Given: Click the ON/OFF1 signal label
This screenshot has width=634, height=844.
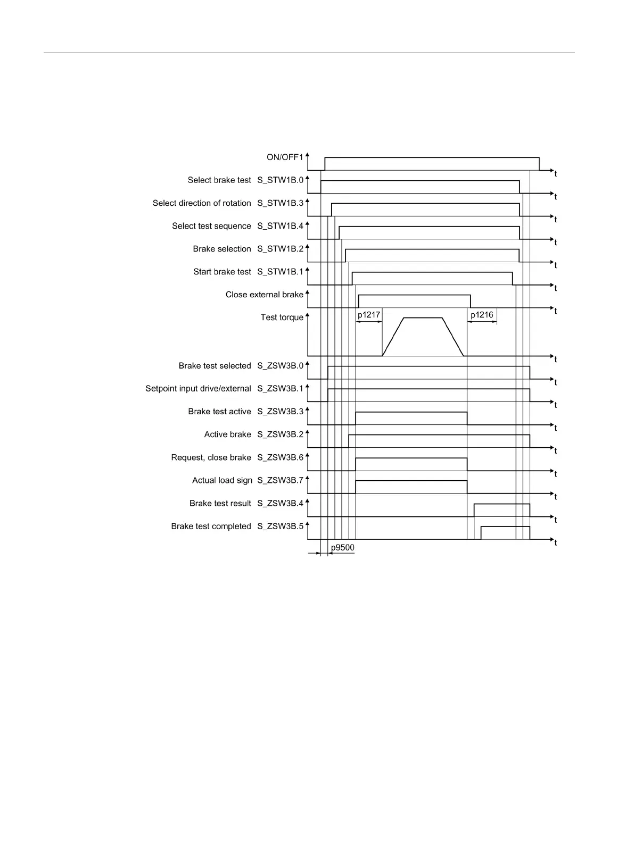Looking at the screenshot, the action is click(x=285, y=157).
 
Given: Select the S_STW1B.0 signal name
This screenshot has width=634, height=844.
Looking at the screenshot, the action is click(x=280, y=180).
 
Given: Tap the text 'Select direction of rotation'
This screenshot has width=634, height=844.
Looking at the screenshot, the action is click(x=202, y=203).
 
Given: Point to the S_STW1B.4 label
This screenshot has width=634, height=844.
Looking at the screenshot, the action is click(x=280, y=226).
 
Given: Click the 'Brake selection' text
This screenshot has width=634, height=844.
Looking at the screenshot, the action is click(x=222, y=249).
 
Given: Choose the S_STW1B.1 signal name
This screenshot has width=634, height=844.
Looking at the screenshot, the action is click(x=280, y=272).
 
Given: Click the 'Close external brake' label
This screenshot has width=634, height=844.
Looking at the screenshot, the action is click(x=264, y=295).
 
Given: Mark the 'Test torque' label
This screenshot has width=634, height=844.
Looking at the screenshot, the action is click(x=282, y=317).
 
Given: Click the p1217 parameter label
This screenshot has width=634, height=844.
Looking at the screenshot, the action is click(x=369, y=315).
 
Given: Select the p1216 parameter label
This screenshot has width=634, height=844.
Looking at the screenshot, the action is click(x=482, y=315).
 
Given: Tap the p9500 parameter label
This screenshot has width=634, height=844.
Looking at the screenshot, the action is click(x=342, y=548).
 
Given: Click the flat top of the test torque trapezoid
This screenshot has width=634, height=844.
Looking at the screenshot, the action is click(x=423, y=318).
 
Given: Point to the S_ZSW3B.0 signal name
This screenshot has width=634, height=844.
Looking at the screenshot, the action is click(x=280, y=366).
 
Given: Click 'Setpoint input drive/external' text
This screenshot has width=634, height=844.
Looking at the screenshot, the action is click(x=198, y=389).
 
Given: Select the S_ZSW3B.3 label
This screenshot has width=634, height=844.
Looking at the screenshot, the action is click(x=280, y=412).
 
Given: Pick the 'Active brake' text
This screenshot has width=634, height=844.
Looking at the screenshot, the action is click(x=227, y=434).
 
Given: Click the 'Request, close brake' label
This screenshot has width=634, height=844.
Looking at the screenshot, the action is click(x=211, y=457).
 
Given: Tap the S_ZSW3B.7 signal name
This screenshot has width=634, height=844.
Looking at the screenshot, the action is click(x=280, y=480).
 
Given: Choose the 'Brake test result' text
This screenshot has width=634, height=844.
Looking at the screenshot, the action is click(x=220, y=503).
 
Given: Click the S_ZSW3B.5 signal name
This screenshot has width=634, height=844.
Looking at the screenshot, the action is click(x=280, y=526).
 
